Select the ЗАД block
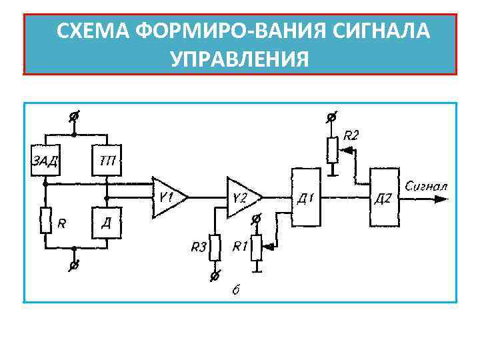45,160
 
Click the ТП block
106,160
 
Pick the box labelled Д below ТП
106,222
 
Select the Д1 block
306,197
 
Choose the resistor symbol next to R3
214,247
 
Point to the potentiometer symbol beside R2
332,150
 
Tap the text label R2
351,136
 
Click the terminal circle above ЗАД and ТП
75,117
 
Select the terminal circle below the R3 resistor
214,275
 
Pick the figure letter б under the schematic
235,289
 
